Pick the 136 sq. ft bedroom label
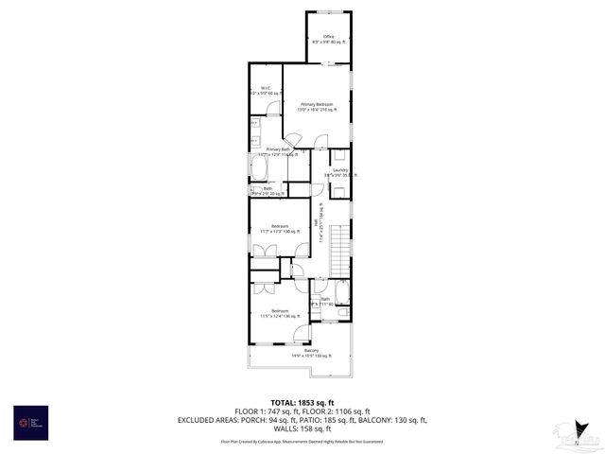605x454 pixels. point(280,313)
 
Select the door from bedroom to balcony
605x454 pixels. point(302,333)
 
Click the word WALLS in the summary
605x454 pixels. point(287,428)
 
